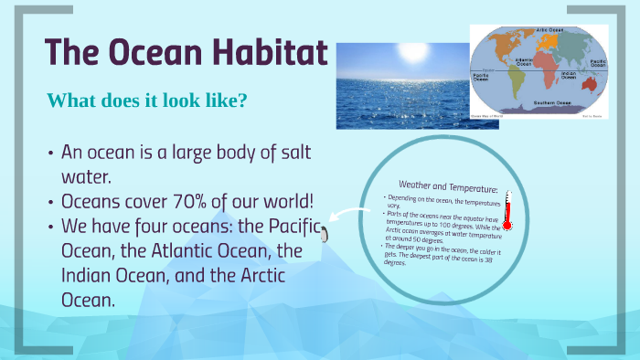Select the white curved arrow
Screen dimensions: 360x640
coord(348,217)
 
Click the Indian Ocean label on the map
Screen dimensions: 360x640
coord(569,75)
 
